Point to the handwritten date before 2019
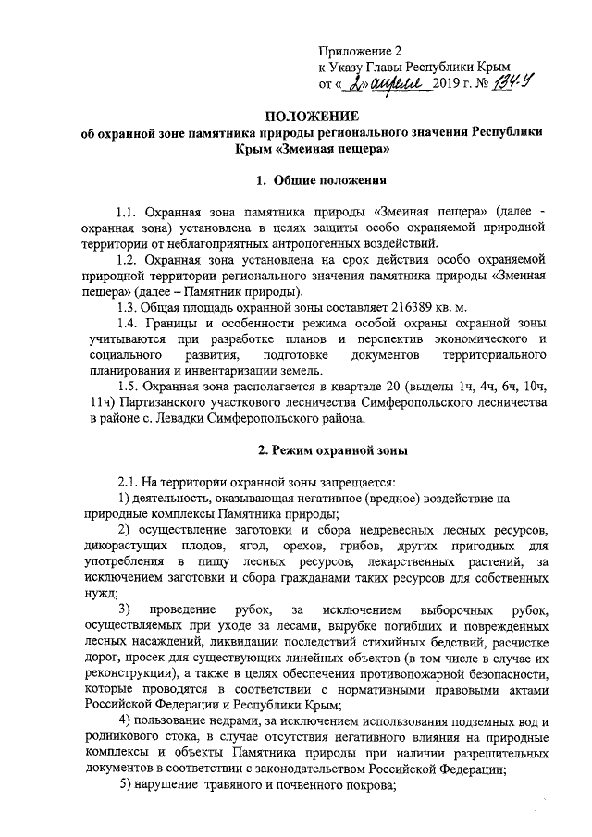point(387,81)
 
